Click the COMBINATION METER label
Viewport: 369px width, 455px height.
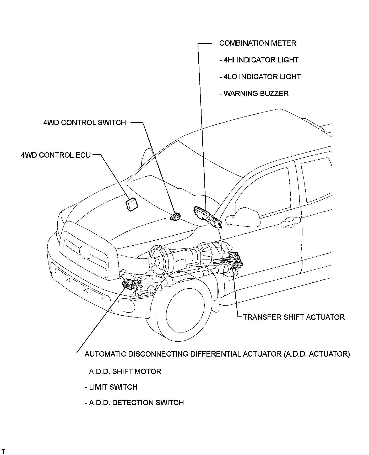(258, 43)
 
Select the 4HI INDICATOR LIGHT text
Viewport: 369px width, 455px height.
(259, 60)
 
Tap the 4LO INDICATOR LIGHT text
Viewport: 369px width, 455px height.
(260, 77)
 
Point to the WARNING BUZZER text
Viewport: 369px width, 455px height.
(254, 94)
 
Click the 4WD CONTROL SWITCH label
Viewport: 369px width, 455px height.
(84, 123)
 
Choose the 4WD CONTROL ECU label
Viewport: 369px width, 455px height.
(56, 155)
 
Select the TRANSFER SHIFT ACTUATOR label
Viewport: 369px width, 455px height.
(294, 317)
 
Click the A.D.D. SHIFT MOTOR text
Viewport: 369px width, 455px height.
(123, 372)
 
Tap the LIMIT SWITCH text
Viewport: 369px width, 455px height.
(111, 387)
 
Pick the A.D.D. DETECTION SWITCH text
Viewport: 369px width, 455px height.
(134, 403)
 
